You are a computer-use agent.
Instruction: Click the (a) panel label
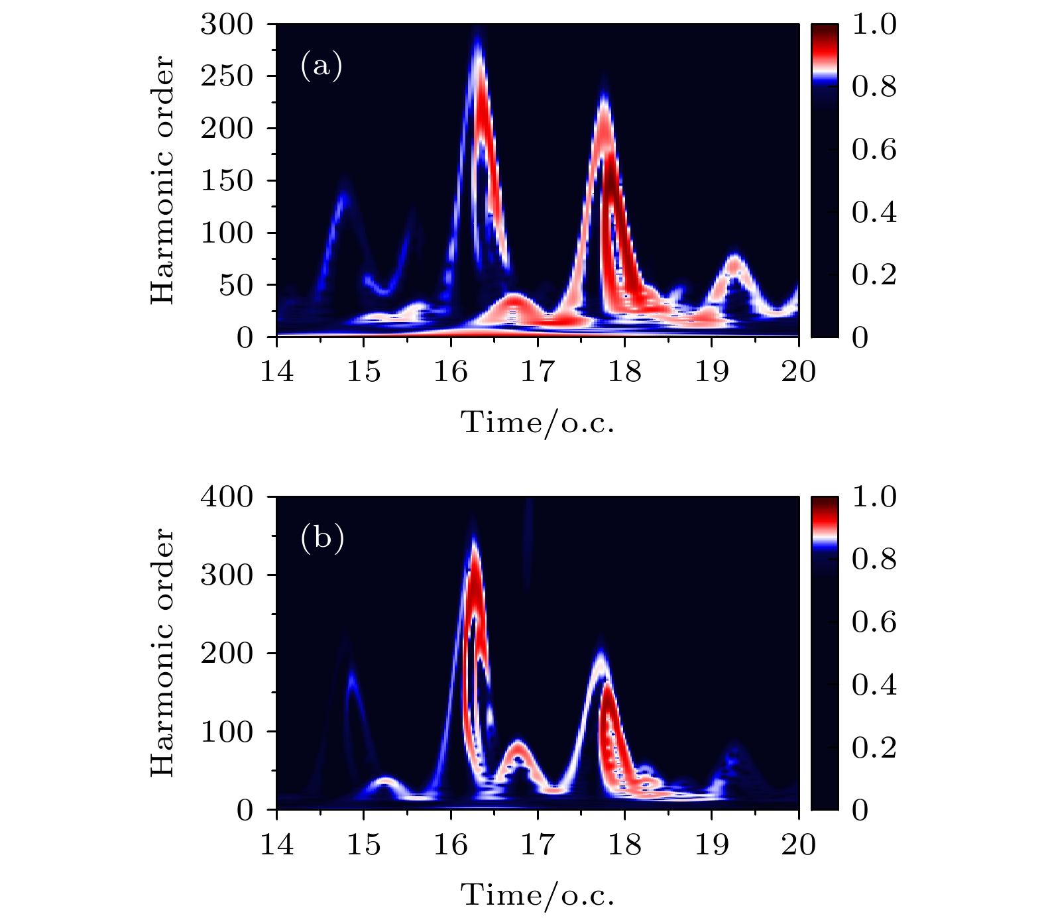[x=321, y=66]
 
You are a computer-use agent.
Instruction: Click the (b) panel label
[x=322, y=538]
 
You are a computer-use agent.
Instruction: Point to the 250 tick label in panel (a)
[x=227, y=76]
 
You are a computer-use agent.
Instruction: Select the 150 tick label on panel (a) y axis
[x=227, y=181]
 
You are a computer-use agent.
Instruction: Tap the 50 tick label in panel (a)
[x=236, y=286]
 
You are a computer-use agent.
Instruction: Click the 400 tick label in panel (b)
[x=227, y=496]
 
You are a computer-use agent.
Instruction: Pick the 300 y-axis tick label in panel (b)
[x=227, y=575]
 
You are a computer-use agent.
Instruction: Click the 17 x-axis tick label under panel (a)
[x=537, y=371]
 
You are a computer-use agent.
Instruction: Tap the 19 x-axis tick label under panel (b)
[x=711, y=844]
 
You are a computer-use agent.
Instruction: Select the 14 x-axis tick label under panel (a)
[x=276, y=371]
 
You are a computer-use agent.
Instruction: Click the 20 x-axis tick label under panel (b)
[x=798, y=844]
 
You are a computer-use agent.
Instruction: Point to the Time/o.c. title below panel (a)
[x=538, y=422]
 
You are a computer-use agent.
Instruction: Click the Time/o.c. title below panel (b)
[x=538, y=895]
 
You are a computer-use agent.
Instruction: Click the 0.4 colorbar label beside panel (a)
[x=874, y=213]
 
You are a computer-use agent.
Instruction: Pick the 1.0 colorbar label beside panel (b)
[x=874, y=496]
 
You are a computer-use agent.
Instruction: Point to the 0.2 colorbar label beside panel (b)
[x=874, y=748]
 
